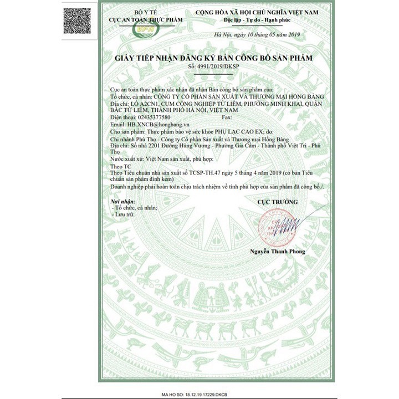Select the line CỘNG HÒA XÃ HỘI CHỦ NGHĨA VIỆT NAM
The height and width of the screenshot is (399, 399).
[x=256, y=12]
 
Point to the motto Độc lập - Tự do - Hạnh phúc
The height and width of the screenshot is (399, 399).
[x=256, y=19]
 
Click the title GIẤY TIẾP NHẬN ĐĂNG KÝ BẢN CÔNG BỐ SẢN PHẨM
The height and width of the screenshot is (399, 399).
[x=213, y=58]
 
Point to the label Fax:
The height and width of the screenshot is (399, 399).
[x=227, y=117]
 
